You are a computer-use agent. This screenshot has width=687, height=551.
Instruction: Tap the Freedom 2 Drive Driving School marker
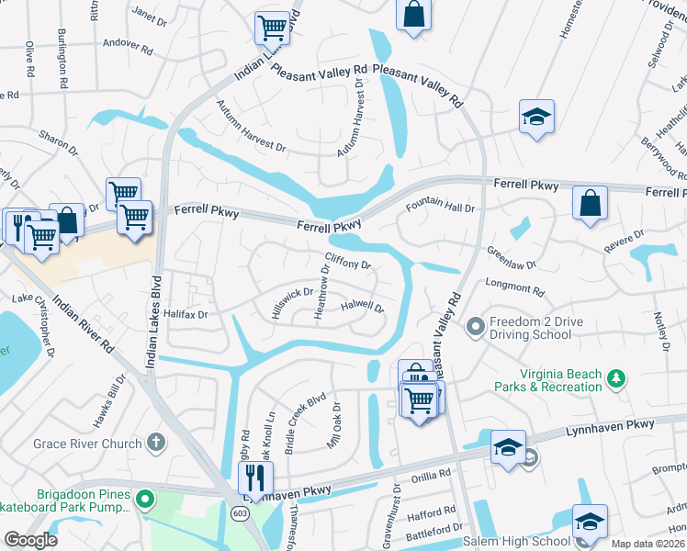pyautogui.click(x=475, y=327)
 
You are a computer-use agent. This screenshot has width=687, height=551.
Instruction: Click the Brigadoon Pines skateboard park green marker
pyautogui.click(x=143, y=500)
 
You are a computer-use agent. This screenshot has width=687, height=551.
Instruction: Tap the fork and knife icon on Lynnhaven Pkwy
pyautogui.click(x=254, y=477)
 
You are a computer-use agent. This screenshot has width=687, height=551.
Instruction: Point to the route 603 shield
pyautogui.click(x=238, y=512)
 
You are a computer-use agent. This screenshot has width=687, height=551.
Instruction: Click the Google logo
pyautogui.click(x=30, y=539)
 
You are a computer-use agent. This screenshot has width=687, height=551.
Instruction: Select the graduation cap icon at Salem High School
pyautogui.click(x=589, y=521)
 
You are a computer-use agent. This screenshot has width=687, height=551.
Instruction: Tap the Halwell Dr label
pyautogui.click(x=362, y=307)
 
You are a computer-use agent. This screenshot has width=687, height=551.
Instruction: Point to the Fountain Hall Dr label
pyautogui.click(x=441, y=207)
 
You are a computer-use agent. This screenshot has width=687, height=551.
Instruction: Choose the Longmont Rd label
pyautogui.click(x=514, y=288)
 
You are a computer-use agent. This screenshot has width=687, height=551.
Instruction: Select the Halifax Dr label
pyautogui.click(x=186, y=314)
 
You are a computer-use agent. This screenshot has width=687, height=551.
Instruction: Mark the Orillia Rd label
pyautogui.click(x=430, y=475)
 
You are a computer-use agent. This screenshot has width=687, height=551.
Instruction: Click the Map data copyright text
pyautogui.click(x=648, y=544)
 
